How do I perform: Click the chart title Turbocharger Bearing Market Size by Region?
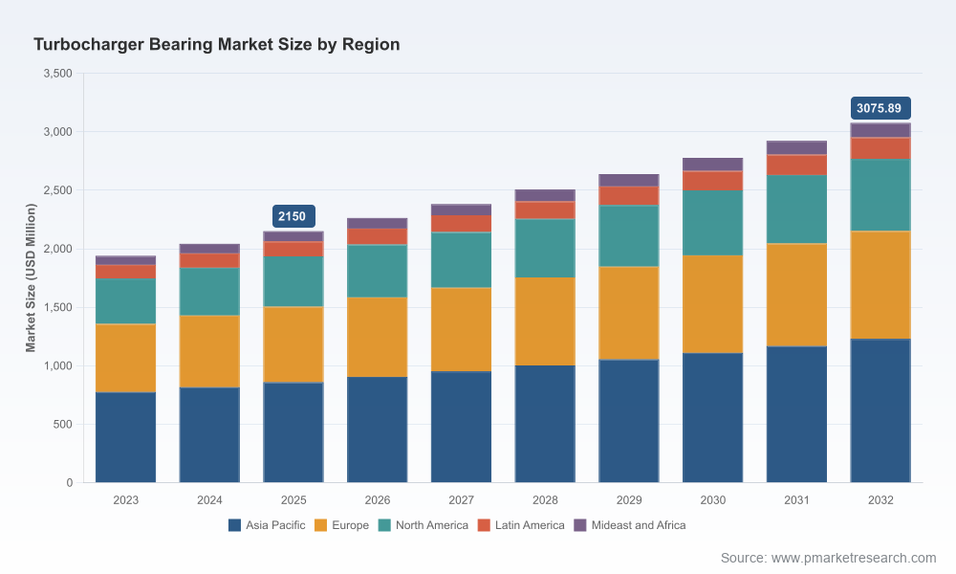[216, 45]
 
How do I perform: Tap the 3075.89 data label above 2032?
[880, 108]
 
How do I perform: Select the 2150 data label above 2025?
[293, 216]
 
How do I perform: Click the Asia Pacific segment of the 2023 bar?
[125, 437]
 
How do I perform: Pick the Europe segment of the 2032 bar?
[880, 285]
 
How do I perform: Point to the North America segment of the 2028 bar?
[545, 249]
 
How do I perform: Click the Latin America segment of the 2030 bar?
[713, 181]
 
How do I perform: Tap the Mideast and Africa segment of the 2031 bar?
[797, 147]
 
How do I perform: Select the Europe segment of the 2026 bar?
[378, 338]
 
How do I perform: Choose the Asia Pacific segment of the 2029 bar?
[629, 421]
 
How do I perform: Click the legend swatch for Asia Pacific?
[235, 525]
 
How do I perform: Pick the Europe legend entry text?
[350, 525]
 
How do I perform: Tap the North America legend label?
[432, 525]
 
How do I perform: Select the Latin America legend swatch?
[484, 525]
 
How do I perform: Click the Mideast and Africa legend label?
[639, 525]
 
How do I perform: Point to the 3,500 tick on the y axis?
[58, 74]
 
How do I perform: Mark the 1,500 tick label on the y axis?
[58, 307]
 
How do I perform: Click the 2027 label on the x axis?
[461, 500]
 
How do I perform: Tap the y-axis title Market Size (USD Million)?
[31, 277]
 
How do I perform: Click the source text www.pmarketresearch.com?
[854, 558]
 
